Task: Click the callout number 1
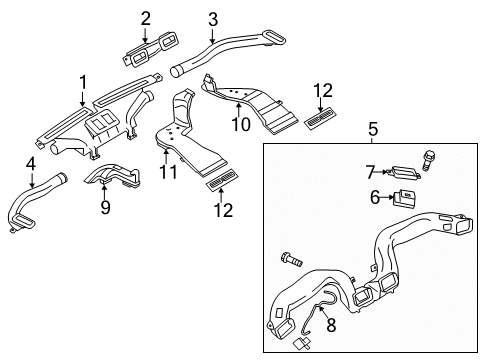pyautogui.click(x=83, y=82)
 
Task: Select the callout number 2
pyautogui.click(x=145, y=18)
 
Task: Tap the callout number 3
pyautogui.click(x=213, y=19)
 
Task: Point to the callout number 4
pyautogui.click(x=31, y=164)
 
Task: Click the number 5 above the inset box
pyautogui.click(x=373, y=129)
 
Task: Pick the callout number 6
pyautogui.click(x=375, y=197)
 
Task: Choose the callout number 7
pyautogui.click(x=370, y=172)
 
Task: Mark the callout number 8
pyautogui.click(x=331, y=325)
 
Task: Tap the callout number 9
pyautogui.click(x=105, y=208)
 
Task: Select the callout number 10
pyautogui.click(x=241, y=125)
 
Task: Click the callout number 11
pyautogui.click(x=168, y=172)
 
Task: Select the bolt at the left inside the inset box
pyautogui.click(x=292, y=259)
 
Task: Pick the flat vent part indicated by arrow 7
pyautogui.click(x=404, y=172)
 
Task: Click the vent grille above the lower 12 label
pyautogui.click(x=222, y=180)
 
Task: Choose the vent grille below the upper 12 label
pyautogui.click(x=320, y=118)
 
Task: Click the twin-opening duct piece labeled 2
pyautogui.click(x=152, y=49)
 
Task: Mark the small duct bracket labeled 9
pyautogui.click(x=112, y=175)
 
